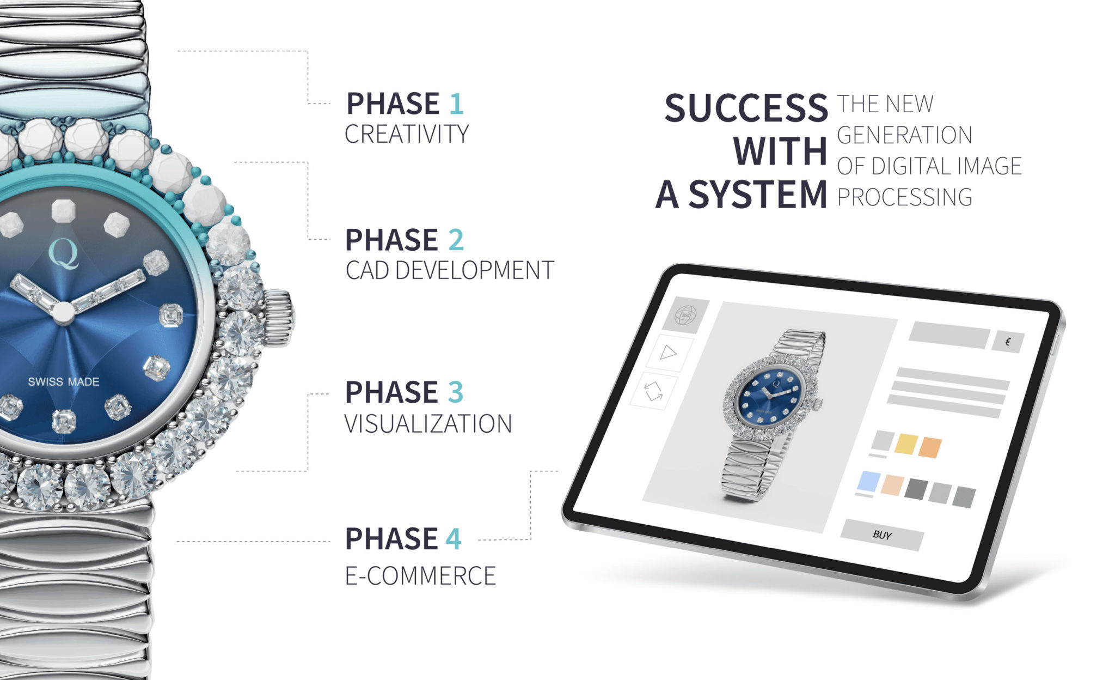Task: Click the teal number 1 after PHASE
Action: [457, 104]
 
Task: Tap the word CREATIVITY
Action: [407, 134]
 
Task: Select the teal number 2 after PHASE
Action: [456, 240]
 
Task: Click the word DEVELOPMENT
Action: [474, 270]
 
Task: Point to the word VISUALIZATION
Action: [428, 424]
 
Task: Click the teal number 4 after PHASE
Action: [454, 539]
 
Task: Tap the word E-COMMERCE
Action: [421, 576]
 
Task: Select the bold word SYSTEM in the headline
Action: [758, 195]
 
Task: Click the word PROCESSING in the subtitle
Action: [905, 197]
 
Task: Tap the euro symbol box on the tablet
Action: [1008, 342]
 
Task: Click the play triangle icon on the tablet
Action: [667, 353]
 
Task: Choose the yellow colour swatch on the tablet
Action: [906, 444]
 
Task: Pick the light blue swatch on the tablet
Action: [868, 482]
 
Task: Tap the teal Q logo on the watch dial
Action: [64, 253]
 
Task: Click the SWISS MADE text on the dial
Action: [64, 382]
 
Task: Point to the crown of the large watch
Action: [279, 318]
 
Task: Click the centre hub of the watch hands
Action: [63, 313]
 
